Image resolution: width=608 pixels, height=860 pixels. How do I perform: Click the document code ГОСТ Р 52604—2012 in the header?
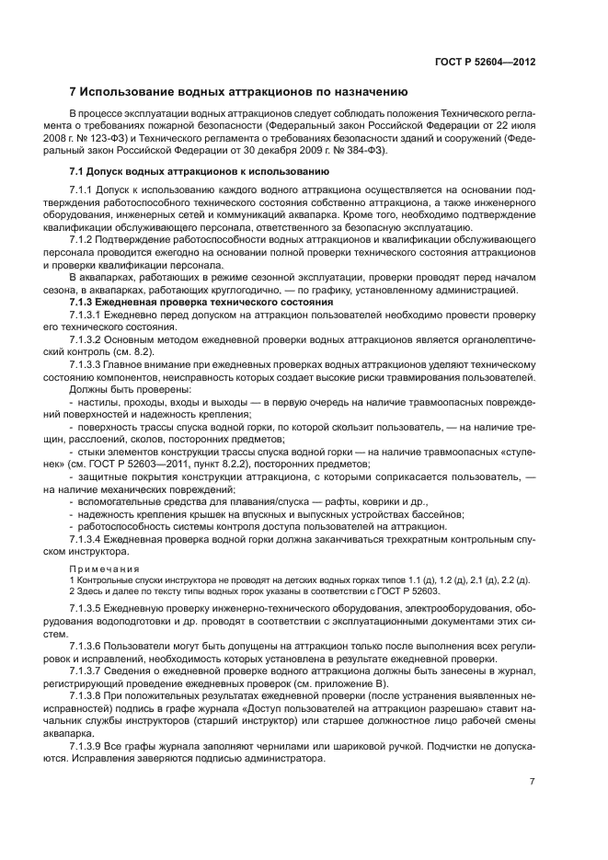pyautogui.click(x=485, y=63)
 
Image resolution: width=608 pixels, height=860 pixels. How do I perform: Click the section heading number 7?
pyautogui.click(x=74, y=91)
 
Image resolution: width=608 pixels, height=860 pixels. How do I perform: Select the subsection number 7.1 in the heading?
pyautogui.click(x=78, y=172)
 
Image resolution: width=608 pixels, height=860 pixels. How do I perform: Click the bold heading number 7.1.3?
pyautogui.click(x=86, y=303)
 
